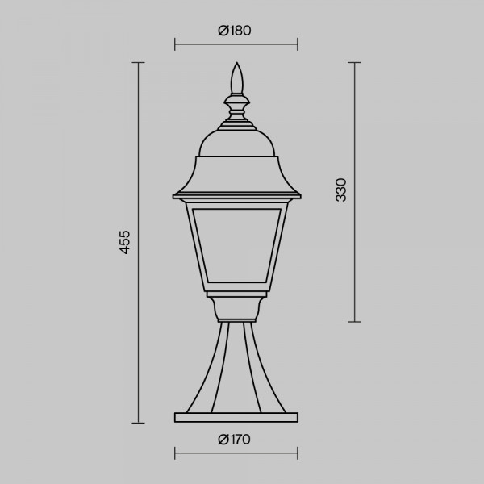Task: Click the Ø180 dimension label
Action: point(235,31)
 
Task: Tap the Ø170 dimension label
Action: point(234,440)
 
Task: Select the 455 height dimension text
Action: point(125,242)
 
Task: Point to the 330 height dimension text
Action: point(341,190)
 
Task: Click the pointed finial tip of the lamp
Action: point(236,63)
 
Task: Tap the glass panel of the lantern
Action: point(236,245)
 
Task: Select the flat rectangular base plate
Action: point(236,417)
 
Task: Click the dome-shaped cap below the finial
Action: point(236,143)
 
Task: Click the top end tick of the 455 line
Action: point(138,63)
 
